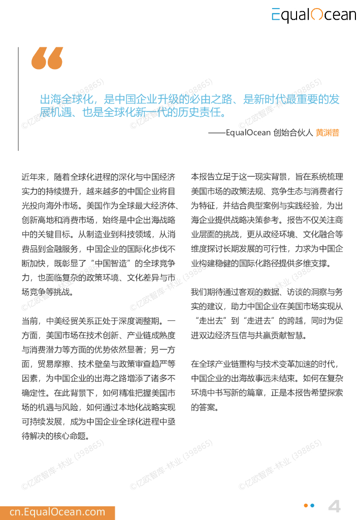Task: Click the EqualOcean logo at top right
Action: click(313, 15)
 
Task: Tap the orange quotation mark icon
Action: click(47, 58)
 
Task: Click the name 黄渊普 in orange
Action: click(327, 133)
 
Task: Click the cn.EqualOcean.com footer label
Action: click(57, 512)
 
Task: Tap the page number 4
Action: click(334, 506)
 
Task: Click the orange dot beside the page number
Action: click(306, 505)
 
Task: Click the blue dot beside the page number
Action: click(312, 505)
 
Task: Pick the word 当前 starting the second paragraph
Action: click(29, 321)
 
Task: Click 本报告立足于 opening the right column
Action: click(213, 177)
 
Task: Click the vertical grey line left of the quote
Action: click(19, 99)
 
